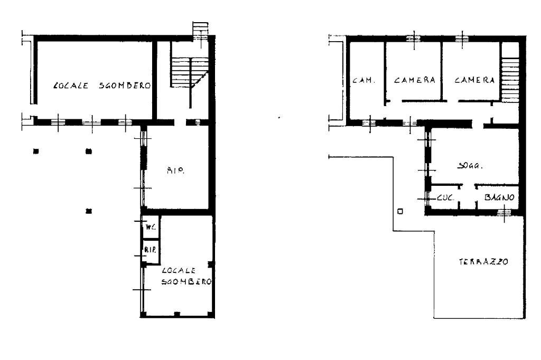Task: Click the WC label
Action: pyautogui.click(x=150, y=228)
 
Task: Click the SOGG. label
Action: pyautogui.click(x=468, y=166)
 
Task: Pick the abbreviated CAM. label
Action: pyautogui.click(x=363, y=81)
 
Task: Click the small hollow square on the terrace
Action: pyautogui.click(x=400, y=212)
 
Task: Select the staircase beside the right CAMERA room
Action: pyautogui.click(x=509, y=79)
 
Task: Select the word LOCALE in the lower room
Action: pyautogui.click(x=173, y=270)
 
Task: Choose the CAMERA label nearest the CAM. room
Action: pyautogui.click(x=414, y=80)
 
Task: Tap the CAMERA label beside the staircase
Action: pyautogui.click(x=474, y=80)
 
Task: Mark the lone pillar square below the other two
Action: pyautogui.click(x=89, y=211)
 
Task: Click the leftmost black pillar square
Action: pyautogui.click(x=36, y=151)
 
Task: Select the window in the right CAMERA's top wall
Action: pyautogui.click(x=462, y=37)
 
